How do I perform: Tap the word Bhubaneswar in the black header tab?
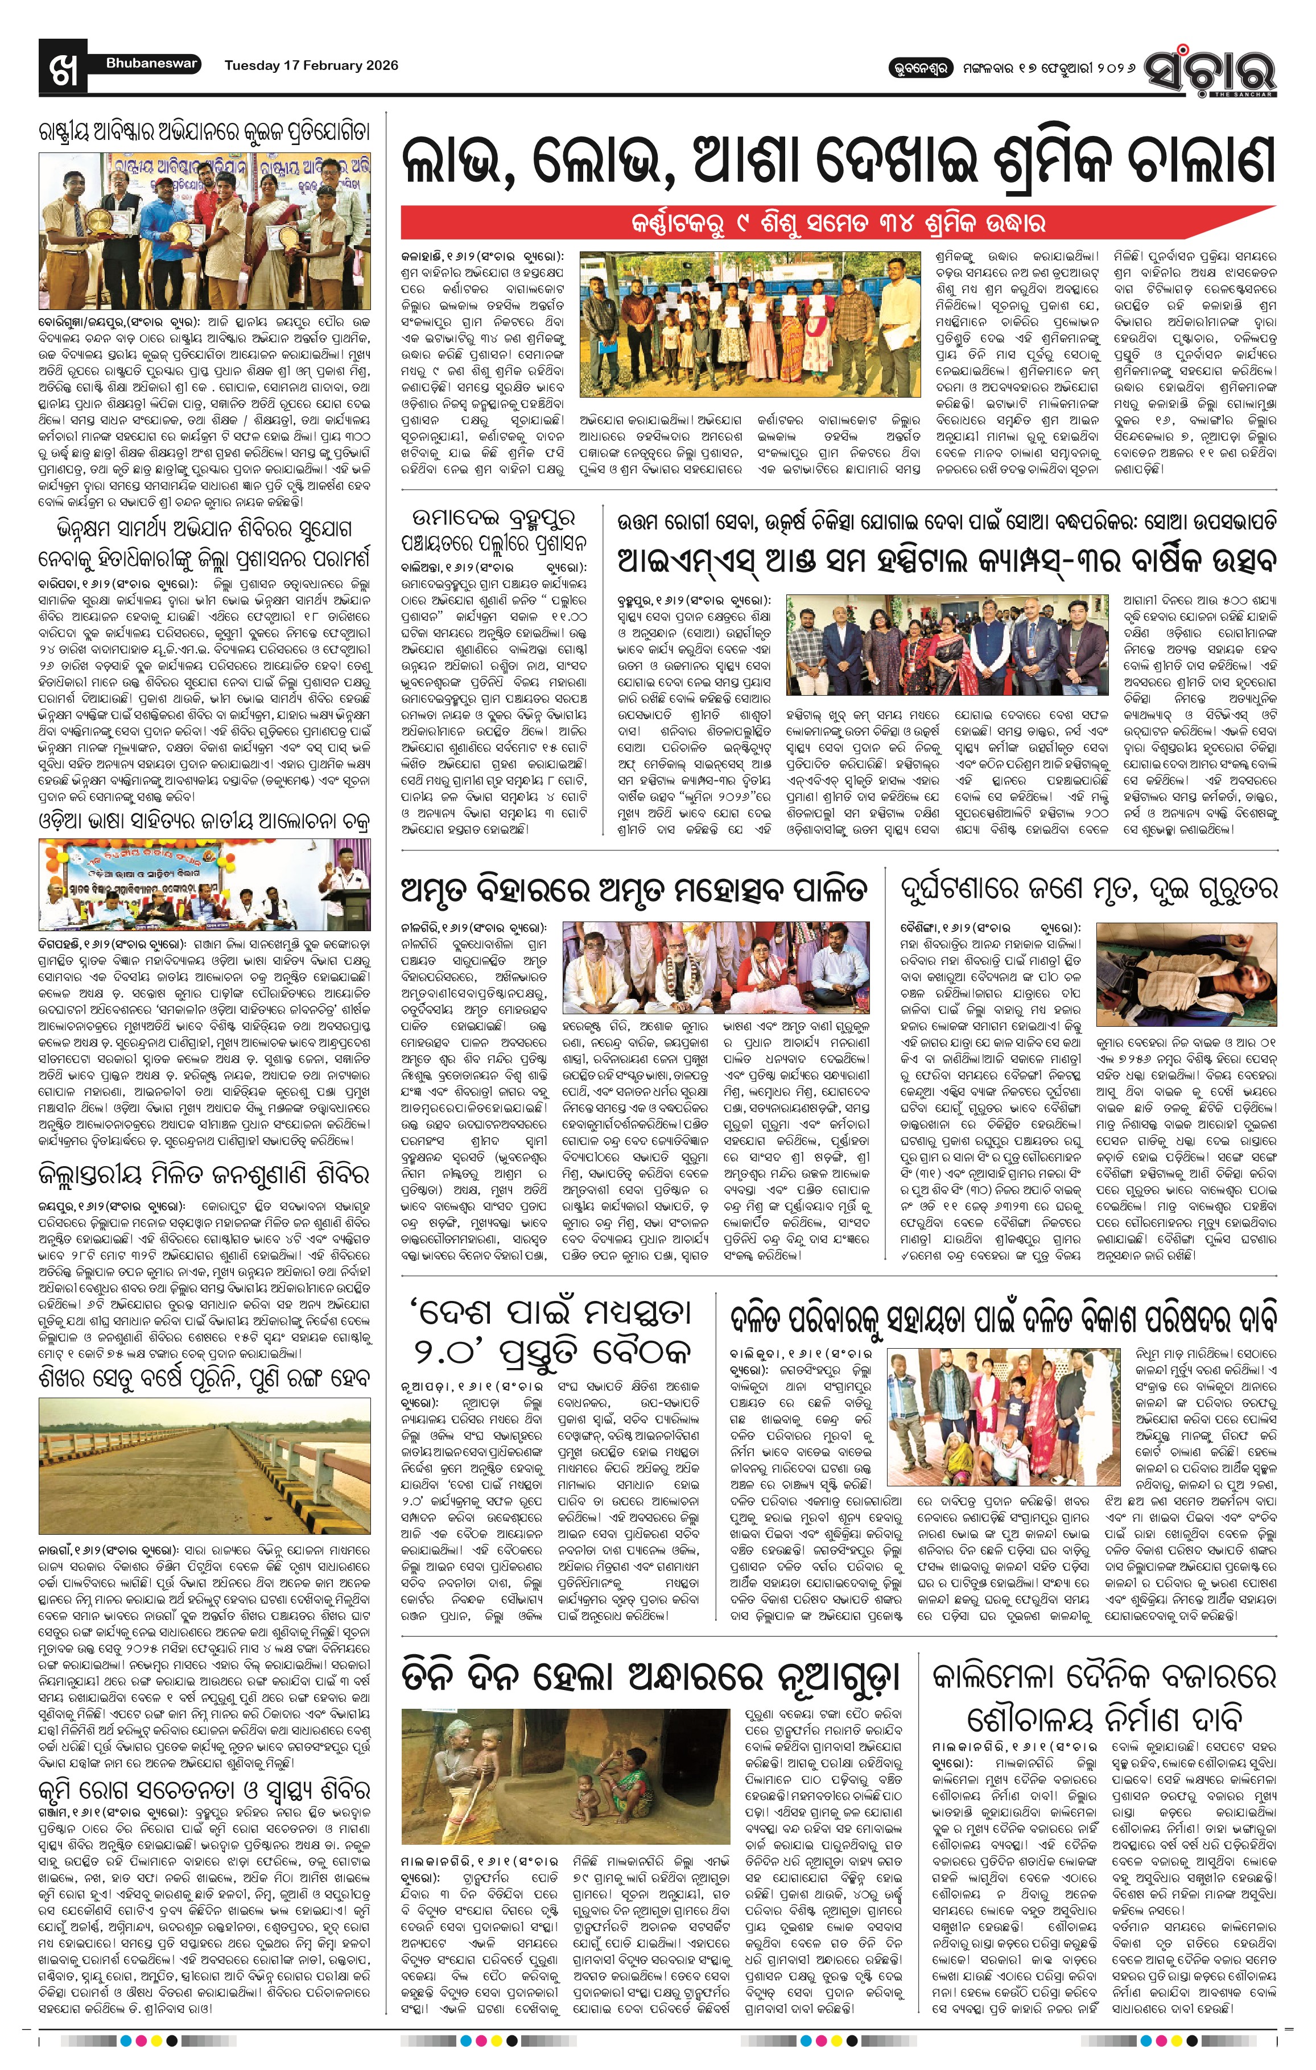(151, 64)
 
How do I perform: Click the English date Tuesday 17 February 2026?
(311, 65)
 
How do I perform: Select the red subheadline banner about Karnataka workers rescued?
(838, 224)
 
